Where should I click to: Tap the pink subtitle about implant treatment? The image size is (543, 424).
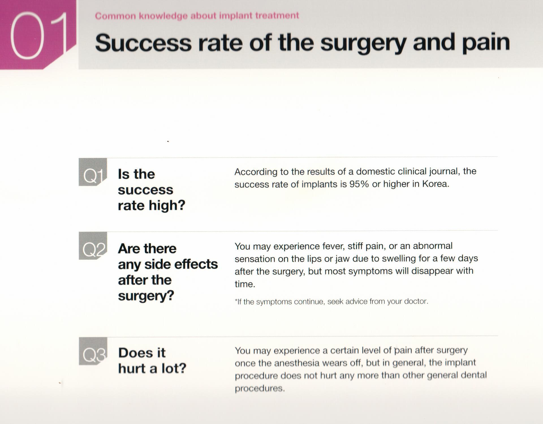click(197, 16)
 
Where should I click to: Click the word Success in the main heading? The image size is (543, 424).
click(143, 43)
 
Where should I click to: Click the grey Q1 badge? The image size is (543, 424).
click(93, 172)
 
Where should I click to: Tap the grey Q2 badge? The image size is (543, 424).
click(93, 246)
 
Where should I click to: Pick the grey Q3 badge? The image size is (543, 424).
click(93, 351)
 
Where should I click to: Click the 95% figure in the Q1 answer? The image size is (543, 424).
click(359, 184)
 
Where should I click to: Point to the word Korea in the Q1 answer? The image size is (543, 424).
click(436, 184)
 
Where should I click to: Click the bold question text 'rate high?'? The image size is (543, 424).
click(151, 205)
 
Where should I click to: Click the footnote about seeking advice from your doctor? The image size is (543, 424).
click(331, 302)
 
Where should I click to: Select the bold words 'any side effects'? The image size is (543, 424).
click(168, 264)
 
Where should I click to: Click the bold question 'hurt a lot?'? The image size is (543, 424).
click(152, 368)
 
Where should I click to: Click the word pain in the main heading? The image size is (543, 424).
click(486, 44)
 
